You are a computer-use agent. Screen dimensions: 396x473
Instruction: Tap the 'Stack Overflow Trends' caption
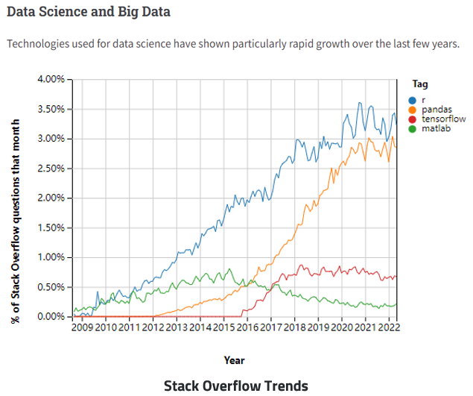coord(235,385)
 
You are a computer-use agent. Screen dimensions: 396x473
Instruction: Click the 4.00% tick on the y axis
coord(51,79)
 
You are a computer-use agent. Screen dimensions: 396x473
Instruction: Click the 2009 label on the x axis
coord(83,327)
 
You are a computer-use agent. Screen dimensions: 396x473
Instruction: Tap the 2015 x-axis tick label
coord(223,327)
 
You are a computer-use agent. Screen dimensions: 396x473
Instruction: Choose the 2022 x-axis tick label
coord(389,327)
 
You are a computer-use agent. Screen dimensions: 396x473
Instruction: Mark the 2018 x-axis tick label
coord(294,327)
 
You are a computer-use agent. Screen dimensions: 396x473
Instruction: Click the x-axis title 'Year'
coord(234,360)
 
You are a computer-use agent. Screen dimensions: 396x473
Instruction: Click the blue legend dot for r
coord(412,99)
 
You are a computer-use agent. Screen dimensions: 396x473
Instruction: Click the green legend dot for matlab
coord(412,128)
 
